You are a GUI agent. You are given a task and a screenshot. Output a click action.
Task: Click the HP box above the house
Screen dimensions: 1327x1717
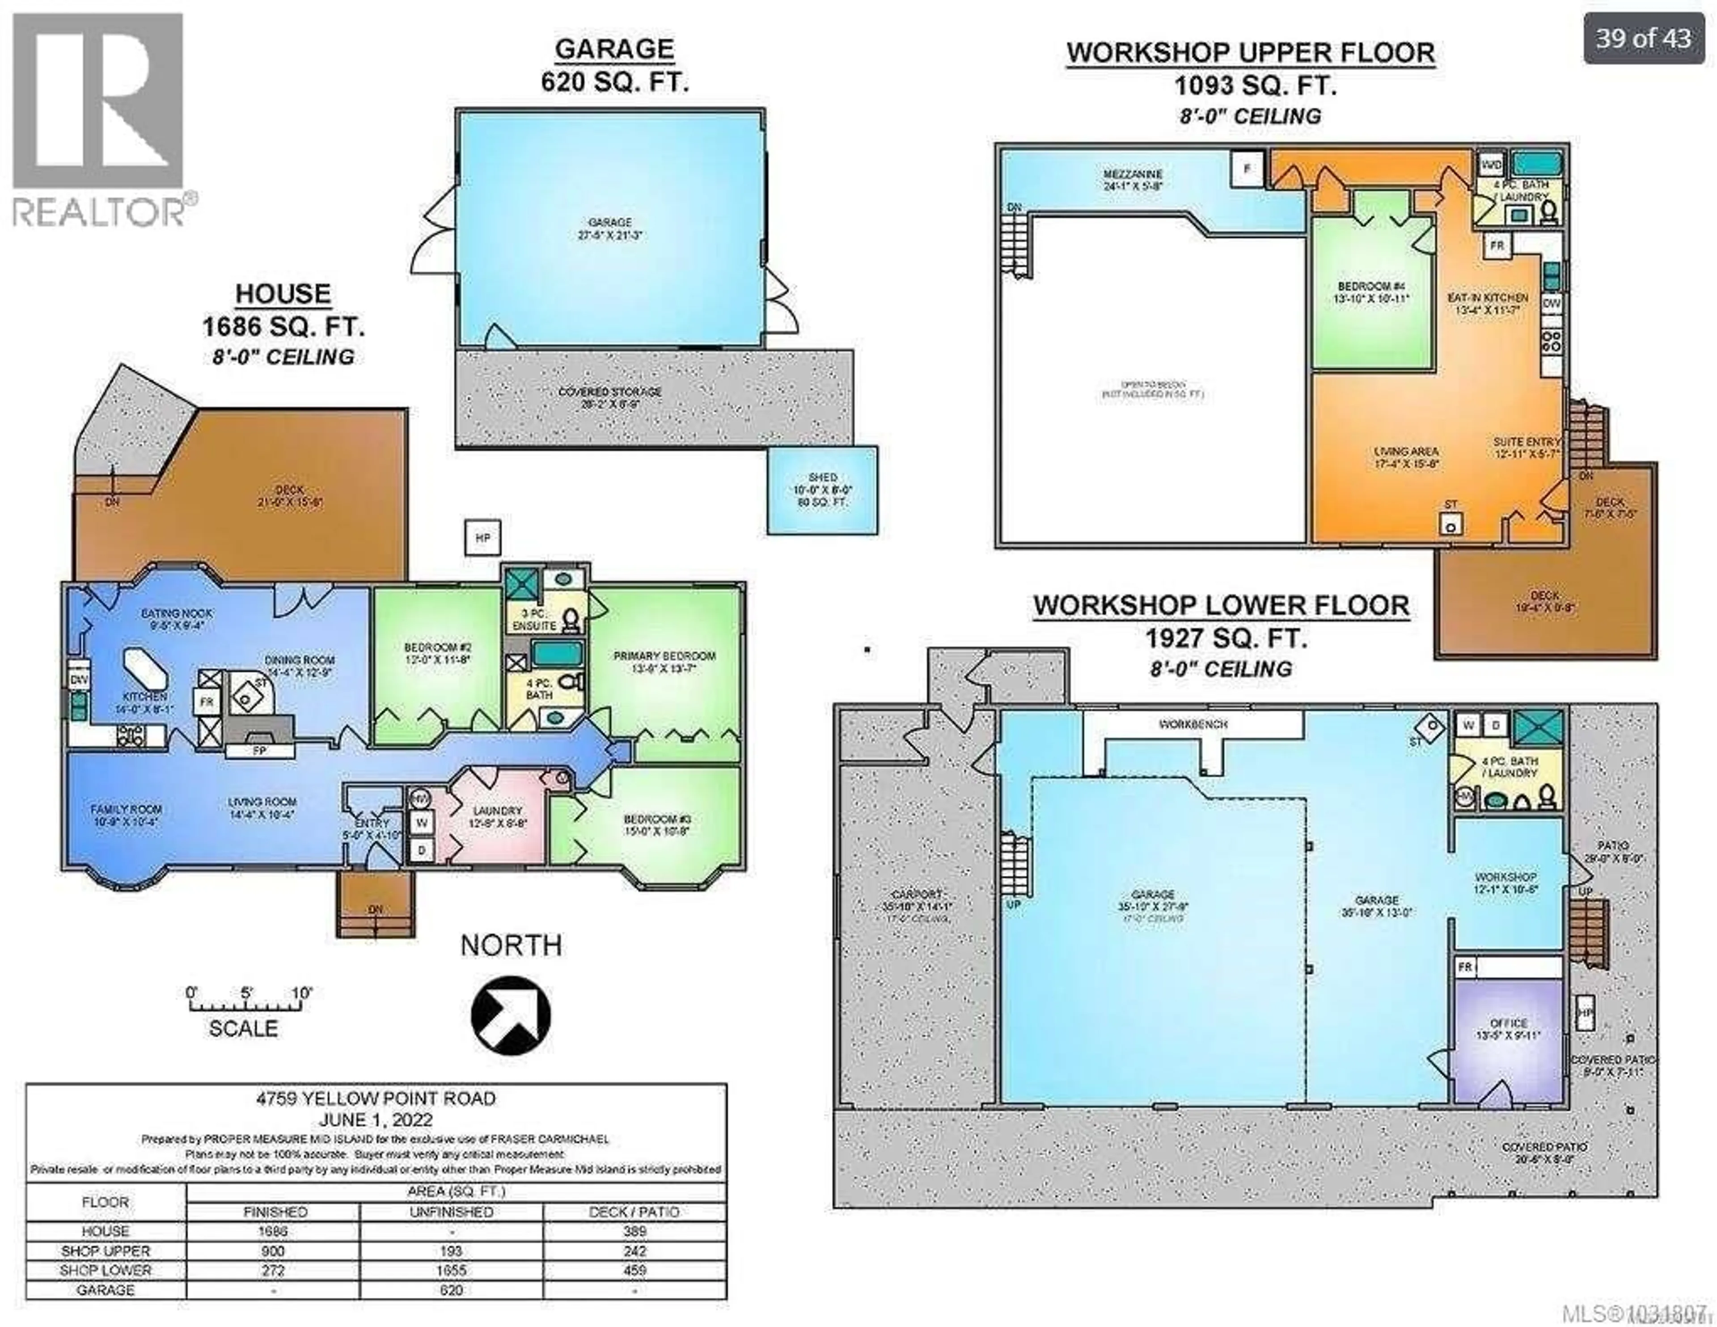pyautogui.click(x=483, y=538)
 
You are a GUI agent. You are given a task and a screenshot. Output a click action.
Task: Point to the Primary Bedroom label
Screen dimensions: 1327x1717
pyautogui.click(x=664, y=655)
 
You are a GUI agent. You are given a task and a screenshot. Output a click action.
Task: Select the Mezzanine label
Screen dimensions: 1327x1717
pyautogui.click(x=1132, y=174)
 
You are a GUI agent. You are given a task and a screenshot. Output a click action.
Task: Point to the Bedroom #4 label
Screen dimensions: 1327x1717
pyautogui.click(x=1372, y=287)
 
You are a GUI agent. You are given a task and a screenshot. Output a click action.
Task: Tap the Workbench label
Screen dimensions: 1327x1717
pyautogui.click(x=1193, y=724)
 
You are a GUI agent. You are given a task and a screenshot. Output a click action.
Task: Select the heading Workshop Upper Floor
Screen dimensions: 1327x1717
pyautogui.click(x=1250, y=53)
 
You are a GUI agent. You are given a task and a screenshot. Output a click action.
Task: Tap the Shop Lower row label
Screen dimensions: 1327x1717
pyautogui.click(x=106, y=1270)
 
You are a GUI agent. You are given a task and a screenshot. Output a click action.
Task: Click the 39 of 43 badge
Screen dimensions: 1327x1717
pyautogui.click(x=1643, y=38)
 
